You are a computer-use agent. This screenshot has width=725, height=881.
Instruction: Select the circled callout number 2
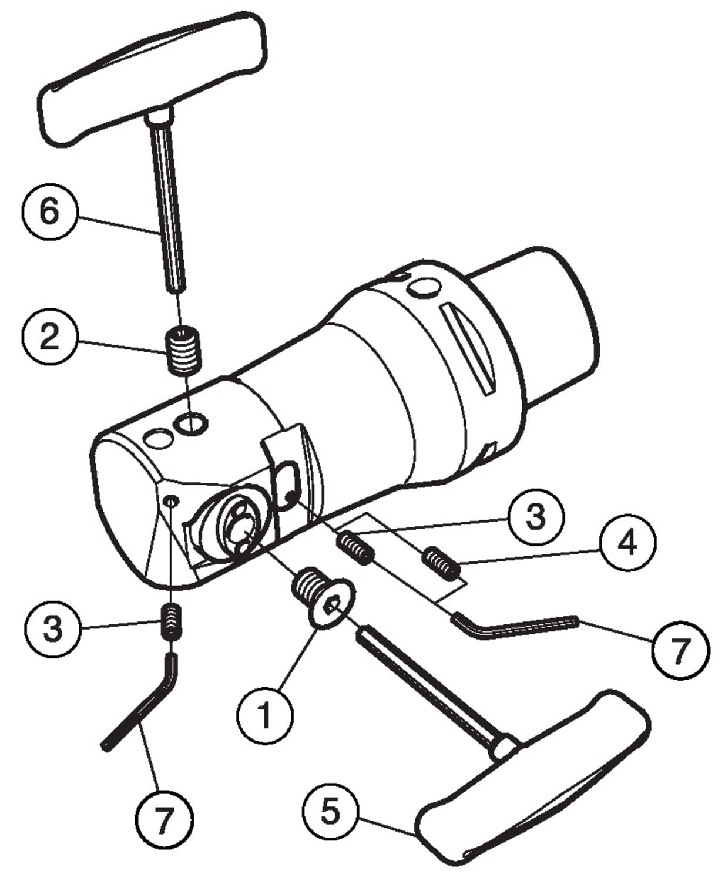click(49, 335)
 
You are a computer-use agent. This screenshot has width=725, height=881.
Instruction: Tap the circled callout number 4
click(627, 542)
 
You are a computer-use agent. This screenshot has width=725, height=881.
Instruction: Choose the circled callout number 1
click(265, 715)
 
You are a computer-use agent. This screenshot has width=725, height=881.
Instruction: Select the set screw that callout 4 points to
click(441, 562)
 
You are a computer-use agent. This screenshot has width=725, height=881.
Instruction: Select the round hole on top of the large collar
click(424, 287)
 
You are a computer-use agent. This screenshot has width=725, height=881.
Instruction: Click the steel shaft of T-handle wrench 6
click(168, 206)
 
